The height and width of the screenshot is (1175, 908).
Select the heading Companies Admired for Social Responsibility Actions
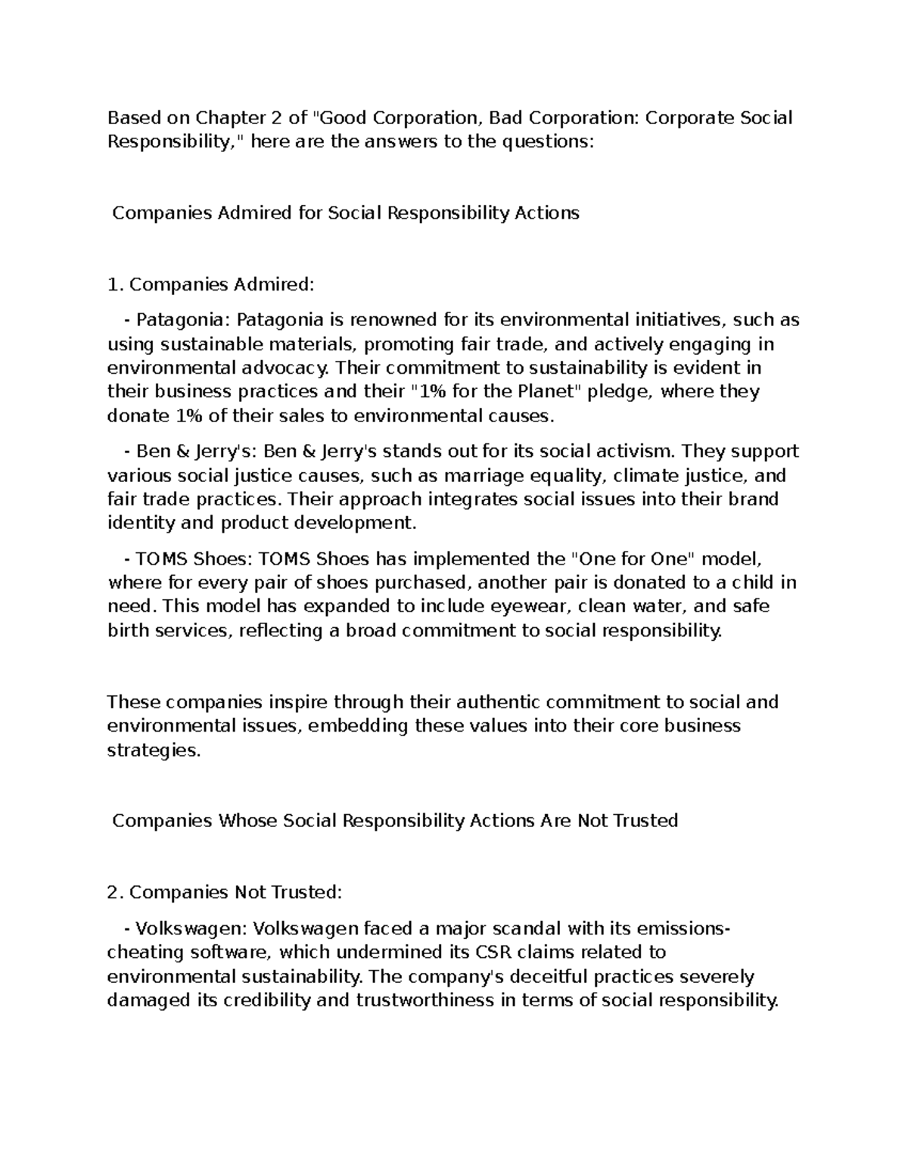(x=346, y=213)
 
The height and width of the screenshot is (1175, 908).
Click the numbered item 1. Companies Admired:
(x=210, y=284)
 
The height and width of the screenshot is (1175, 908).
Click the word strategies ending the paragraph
(x=154, y=750)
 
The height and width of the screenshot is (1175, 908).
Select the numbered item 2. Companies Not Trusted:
(x=225, y=893)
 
